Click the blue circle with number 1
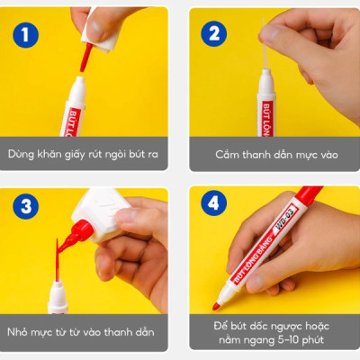tap(25, 35)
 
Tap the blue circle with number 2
tap(214, 33)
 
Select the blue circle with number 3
tap(25, 206)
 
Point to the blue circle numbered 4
tap(214, 202)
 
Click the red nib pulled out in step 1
tap(85, 58)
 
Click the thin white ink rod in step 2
tap(265, 44)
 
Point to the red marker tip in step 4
tap(216, 306)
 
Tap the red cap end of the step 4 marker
tap(309, 195)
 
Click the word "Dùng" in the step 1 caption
tap(21, 154)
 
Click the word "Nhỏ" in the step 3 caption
tap(17, 332)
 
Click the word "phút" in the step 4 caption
tap(312, 341)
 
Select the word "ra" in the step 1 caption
tap(152, 155)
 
